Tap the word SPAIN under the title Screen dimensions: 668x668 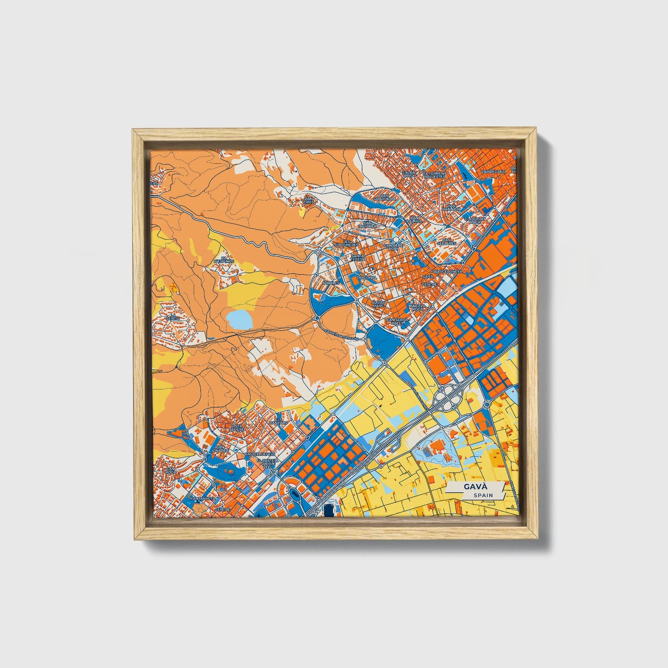483,495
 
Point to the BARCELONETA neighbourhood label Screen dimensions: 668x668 447,272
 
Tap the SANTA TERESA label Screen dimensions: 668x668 358,257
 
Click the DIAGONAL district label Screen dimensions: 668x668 367,278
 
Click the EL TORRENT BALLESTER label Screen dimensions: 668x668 434,174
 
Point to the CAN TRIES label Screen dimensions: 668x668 309,200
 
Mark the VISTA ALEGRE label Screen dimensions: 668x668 236,428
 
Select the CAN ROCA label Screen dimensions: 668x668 171,471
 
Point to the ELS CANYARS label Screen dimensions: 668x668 281,421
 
